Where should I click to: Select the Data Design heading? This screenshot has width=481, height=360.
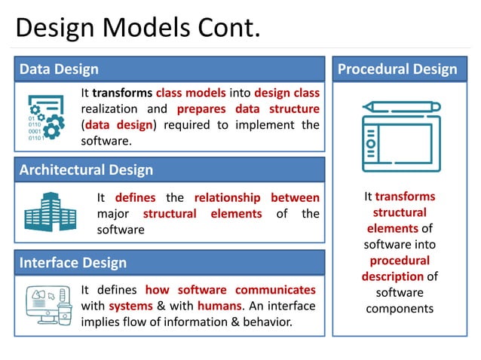[x=59, y=69]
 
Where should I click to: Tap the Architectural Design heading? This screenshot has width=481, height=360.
[x=86, y=170]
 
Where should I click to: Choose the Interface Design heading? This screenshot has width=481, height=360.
[x=73, y=263]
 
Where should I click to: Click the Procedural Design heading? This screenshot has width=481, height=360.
[x=397, y=69]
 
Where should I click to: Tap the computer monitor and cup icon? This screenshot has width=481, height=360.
[x=49, y=304]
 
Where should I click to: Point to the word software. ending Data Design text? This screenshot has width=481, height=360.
[x=106, y=141]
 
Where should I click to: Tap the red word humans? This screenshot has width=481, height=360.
[x=219, y=306]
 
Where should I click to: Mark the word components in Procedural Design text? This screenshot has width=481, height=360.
[x=399, y=309]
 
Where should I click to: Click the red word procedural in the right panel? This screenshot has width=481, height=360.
[x=399, y=261]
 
